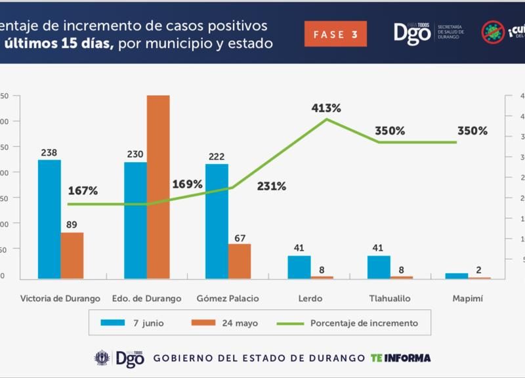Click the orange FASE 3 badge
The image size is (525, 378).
[x=335, y=34]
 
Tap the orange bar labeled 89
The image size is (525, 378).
[x=72, y=255]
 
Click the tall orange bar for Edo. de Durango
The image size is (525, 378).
[x=158, y=187]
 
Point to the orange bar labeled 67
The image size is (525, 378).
[x=240, y=261]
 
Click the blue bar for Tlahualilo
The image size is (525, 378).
[x=379, y=267]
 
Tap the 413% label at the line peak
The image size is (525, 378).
[x=326, y=108]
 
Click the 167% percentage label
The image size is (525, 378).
[x=83, y=191]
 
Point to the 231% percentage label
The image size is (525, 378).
[x=272, y=186]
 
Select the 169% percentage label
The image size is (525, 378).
[x=188, y=184]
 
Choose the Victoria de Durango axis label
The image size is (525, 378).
[x=60, y=299]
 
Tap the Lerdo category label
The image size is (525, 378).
[x=311, y=299]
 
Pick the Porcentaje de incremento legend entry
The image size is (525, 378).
[x=347, y=323]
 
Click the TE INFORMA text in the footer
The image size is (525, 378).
[x=401, y=358]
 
